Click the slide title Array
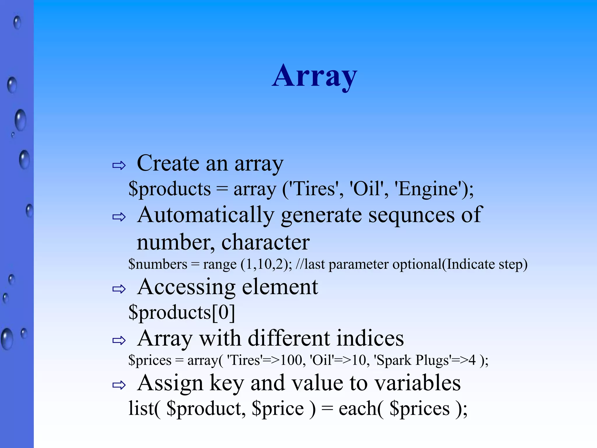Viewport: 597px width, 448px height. (315, 76)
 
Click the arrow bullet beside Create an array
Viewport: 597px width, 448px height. (119, 166)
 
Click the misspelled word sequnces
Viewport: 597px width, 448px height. (411, 215)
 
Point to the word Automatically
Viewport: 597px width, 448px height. (206, 215)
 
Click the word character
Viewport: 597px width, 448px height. (265, 242)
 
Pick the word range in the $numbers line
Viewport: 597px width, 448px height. (220, 264)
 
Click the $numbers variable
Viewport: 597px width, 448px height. (158, 264)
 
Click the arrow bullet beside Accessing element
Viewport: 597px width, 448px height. (119, 289)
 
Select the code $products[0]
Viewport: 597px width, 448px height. (182, 312)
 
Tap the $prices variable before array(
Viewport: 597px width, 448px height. (150, 360)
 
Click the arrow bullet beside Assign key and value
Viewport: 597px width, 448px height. (119, 385)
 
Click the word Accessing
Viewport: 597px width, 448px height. (186, 287)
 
